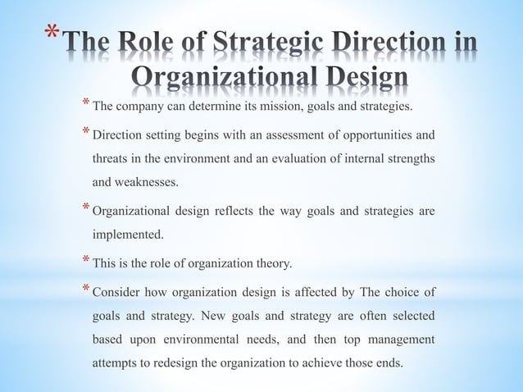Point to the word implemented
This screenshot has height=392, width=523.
pyautogui.click(x=127, y=234)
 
